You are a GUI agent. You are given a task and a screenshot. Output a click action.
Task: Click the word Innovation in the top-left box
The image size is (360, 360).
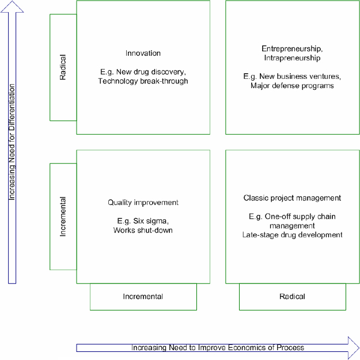pyautogui.click(x=143, y=53)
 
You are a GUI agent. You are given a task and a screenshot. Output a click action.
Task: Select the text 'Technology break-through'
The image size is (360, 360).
pyautogui.click(x=143, y=81)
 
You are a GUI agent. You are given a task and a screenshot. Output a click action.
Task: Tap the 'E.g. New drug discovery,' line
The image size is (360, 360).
pyautogui.click(x=143, y=72)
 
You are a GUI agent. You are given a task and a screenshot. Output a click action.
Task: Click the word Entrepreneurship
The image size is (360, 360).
pyautogui.click(x=292, y=49)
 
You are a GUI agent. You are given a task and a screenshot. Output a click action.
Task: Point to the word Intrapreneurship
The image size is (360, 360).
pyautogui.click(x=292, y=58)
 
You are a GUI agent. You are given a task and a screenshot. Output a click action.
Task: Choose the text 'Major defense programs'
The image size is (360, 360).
pyautogui.click(x=292, y=86)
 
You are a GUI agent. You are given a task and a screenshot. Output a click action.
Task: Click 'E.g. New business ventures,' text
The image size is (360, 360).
pyautogui.click(x=292, y=77)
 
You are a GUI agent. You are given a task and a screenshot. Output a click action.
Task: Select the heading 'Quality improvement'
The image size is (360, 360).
pyautogui.click(x=143, y=203)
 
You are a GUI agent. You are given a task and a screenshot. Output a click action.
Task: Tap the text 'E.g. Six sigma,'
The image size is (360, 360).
pyautogui.click(x=143, y=221)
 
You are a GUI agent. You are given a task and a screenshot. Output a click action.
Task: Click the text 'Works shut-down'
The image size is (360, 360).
pyautogui.click(x=143, y=230)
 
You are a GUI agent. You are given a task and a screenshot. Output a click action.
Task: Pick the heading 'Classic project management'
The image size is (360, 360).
pyautogui.click(x=292, y=198)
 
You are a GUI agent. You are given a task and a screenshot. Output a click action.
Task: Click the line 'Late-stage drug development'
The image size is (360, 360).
pyautogui.click(x=292, y=235)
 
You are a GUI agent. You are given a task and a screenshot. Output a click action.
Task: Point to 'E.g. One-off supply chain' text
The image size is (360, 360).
pyautogui.click(x=292, y=217)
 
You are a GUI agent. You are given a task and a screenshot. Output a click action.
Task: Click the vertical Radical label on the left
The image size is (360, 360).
pyautogui.click(x=63, y=67)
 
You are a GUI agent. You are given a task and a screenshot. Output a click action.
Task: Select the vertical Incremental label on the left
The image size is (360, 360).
pyautogui.click(x=63, y=217)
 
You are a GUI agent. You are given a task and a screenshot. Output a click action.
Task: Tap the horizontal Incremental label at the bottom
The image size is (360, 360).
pyautogui.click(x=143, y=297)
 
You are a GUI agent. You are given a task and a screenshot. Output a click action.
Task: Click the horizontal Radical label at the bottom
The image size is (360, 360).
pyautogui.click(x=292, y=297)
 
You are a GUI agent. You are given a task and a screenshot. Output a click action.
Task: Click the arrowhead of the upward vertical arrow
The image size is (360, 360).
pyautogui.click(x=12, y=6)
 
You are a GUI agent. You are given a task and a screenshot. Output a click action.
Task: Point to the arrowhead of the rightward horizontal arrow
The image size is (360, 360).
pyautogui.click(x=354, y=347)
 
